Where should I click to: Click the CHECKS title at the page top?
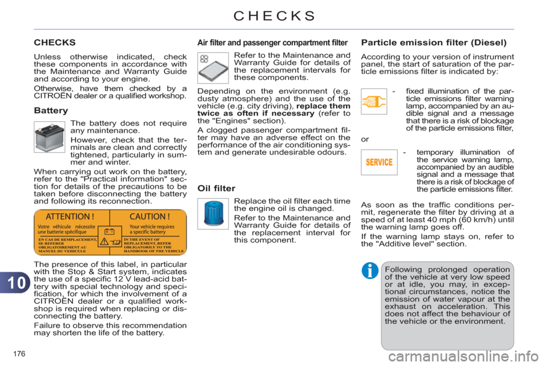273,15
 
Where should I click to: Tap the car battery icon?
50,138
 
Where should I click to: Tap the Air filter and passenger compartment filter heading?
272,42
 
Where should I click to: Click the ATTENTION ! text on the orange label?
70,217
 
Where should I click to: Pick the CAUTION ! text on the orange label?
150,217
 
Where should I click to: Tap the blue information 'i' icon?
370,270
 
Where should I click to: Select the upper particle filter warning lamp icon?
374,102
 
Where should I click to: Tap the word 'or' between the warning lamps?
365,139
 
